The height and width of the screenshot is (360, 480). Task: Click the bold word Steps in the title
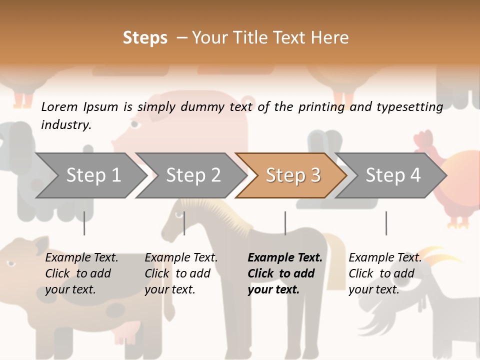145,38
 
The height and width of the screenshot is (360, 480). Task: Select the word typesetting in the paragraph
409,107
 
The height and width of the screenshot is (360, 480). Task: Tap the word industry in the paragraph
65,125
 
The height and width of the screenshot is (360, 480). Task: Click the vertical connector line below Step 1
84,223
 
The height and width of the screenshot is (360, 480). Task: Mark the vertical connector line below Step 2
184,223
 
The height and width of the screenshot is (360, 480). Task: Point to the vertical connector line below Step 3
285,223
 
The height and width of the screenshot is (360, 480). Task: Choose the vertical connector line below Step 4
386,223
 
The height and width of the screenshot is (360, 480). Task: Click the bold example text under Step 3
284,273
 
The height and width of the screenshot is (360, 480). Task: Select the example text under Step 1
81,273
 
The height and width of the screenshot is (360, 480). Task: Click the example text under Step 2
180,273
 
